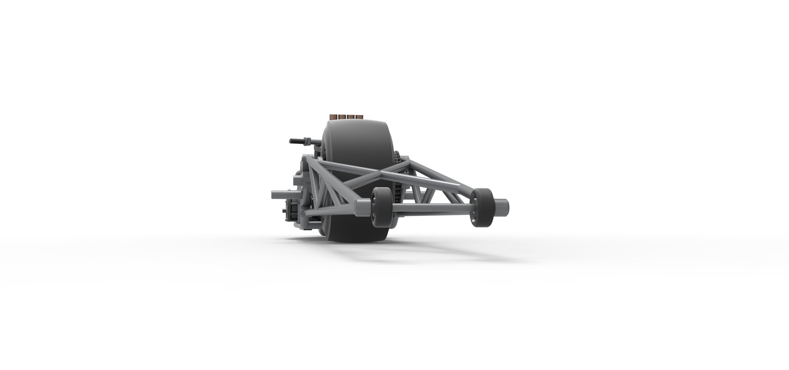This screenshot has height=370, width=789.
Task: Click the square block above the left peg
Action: pos(298,181)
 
